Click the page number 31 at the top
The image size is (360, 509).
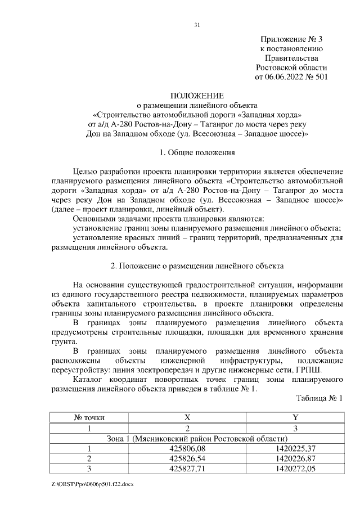point(197,24)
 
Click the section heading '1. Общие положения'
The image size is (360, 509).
point(197,152)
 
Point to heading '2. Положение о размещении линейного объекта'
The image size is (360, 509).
point(197,266)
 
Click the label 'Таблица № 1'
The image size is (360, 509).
point(319,398)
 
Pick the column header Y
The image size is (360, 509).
point(295,418)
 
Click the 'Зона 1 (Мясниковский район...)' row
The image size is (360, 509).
point(197,438)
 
